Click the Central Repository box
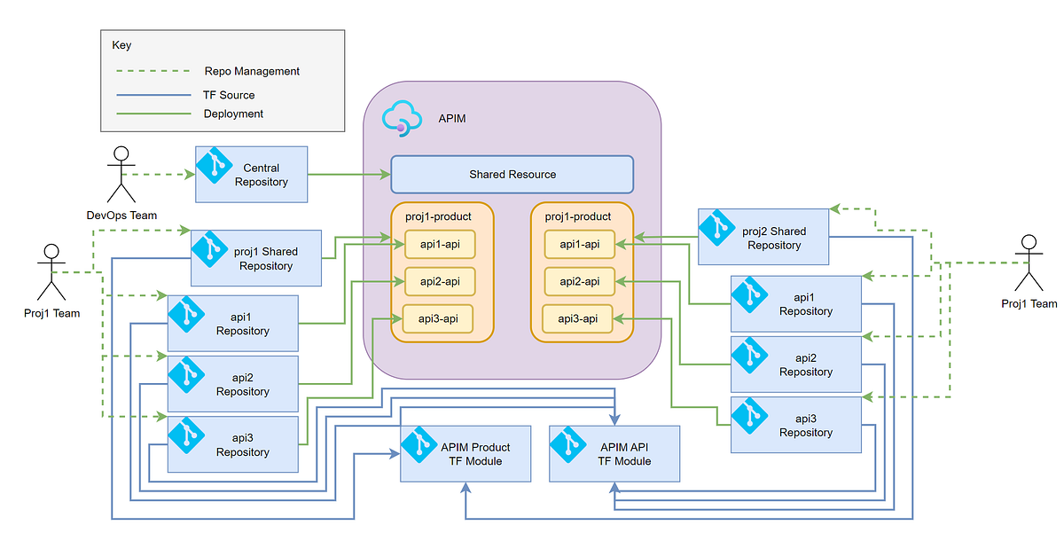click(x=251, y=175)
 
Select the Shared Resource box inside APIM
click(x=512, y=175)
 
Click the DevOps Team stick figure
click(x=121, y=174)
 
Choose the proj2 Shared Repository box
click(x=763, y=238)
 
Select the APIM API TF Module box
click(x=614, y=454)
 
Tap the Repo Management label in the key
click(x=252, y=71)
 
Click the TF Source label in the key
click(x=229, y=95)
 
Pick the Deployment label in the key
click(x=233, y=114)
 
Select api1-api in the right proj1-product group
click(x=580, y=244)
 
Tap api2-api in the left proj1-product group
click(x=440, y=281)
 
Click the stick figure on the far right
click(x=1029, y=264)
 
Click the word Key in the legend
click(x=121, y=44)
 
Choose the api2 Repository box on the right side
click(x=796, y=364)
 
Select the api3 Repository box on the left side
click(x=233, y=445)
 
